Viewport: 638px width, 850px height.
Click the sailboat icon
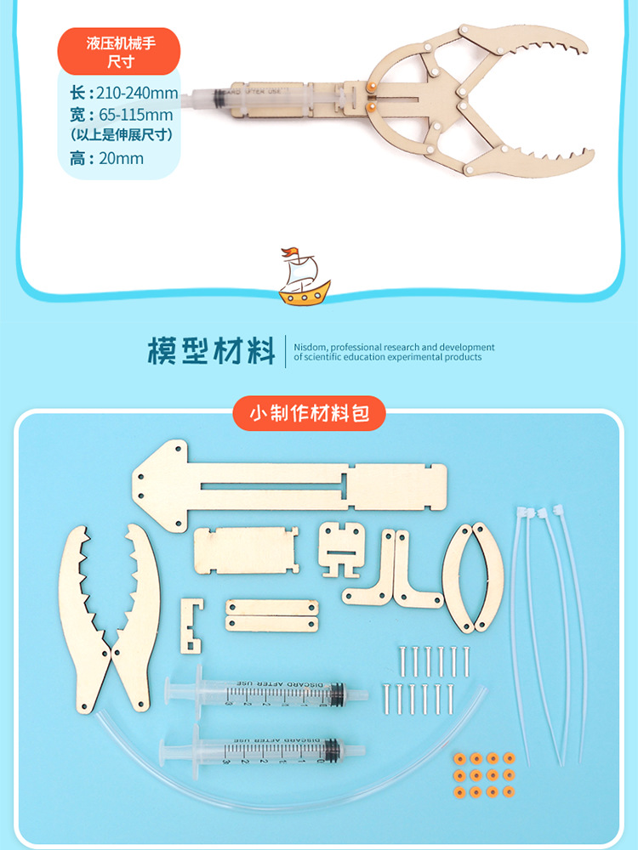pos(305,276)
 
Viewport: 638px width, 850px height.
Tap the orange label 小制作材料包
pos(310,415)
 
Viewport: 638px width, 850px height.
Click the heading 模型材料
pos(211,351)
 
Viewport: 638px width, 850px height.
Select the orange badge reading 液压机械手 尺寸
pos(120,51)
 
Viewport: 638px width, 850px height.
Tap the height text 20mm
pos(120,158)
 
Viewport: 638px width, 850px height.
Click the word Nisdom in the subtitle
pos(310,347)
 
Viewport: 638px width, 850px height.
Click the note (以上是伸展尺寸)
pos(122,134)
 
